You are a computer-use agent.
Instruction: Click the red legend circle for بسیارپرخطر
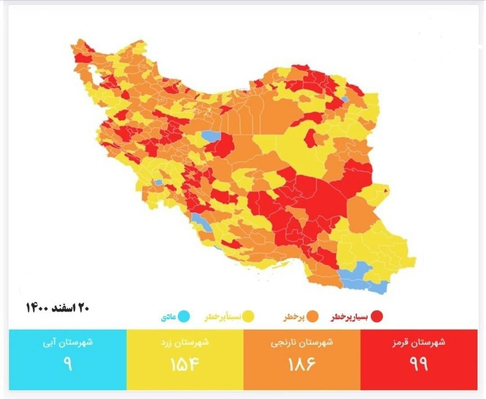pyautogui.click(x=377, y=317)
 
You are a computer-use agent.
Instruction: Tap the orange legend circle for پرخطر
pyautogui.click(x=313, y=317)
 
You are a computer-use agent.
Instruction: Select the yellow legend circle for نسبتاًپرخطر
pyautogui.click(x=248, y=317)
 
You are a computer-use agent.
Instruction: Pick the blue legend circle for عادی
pyautogui.click(x=184, y=317)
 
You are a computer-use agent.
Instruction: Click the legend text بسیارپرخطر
pyautogui.click(x=350, y=317)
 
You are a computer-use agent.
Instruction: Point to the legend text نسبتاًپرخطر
pyautogui.click(x=223, y=317)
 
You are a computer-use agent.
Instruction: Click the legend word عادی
pyautogui.click(x=168, y=317)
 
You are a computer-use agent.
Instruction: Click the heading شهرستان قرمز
pyautogui.click(x=419, y=342)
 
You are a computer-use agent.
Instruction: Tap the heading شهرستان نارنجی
pyautogui.click(x=302, y=342)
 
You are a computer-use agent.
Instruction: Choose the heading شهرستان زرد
pyautogui.click(x=185, y=342)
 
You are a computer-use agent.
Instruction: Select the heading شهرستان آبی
pyautogui.click(x=68, y=342)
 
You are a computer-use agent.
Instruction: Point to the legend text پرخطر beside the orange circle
pyautogui.click(x=293, y=317)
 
